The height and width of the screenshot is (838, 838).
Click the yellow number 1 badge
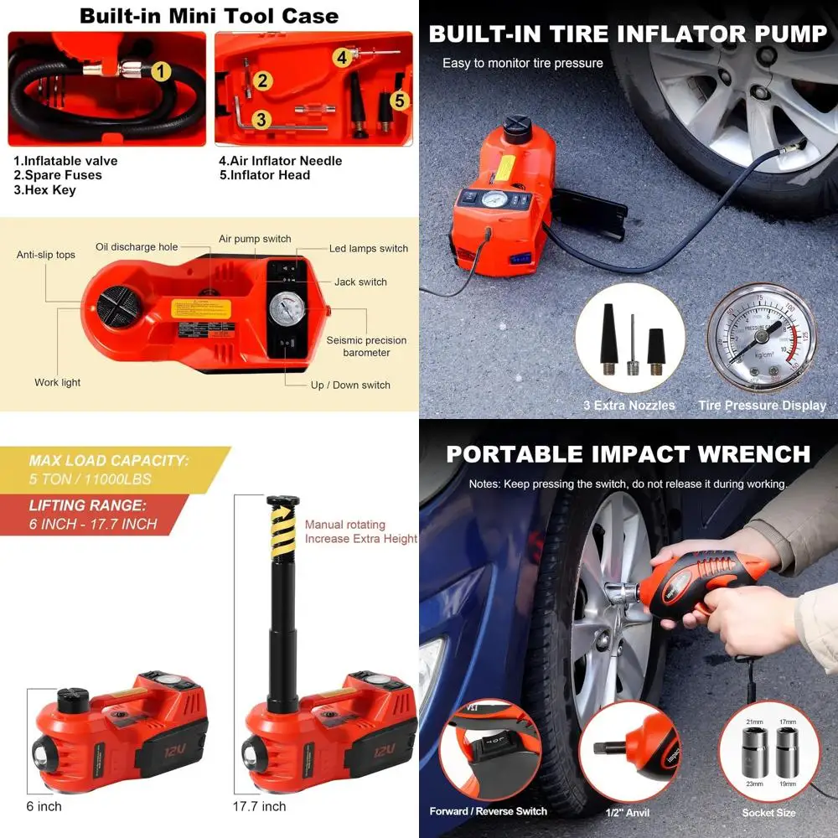[x=161, y=71]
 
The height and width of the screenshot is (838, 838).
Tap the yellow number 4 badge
[x=342, y=58]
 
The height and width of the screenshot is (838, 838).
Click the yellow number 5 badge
[x=400, y=101]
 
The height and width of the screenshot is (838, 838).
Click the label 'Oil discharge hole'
[x=137, y=247]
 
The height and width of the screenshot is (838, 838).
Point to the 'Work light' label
[x=58, y=383]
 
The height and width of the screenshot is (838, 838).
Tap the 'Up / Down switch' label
[x=349, y=385]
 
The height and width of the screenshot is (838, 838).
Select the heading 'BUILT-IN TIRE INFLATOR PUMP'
[x=628, y=34]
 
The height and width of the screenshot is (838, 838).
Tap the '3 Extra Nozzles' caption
[x=629, y=406]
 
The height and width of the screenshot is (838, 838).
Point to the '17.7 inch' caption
[x=259, y=807]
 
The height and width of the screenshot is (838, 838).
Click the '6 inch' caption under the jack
[x=43, y=807]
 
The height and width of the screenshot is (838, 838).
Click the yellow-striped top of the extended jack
[x=282, y=528]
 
